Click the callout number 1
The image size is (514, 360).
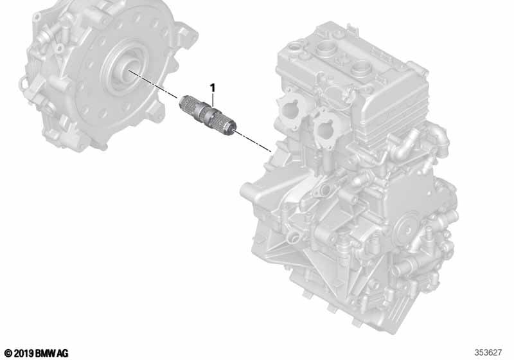point(213,88)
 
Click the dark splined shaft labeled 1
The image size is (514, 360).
point(208,114)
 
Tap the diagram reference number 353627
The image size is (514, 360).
point(488,352)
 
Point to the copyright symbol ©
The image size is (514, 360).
point(8,353)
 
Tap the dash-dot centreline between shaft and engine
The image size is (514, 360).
point(252,141)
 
